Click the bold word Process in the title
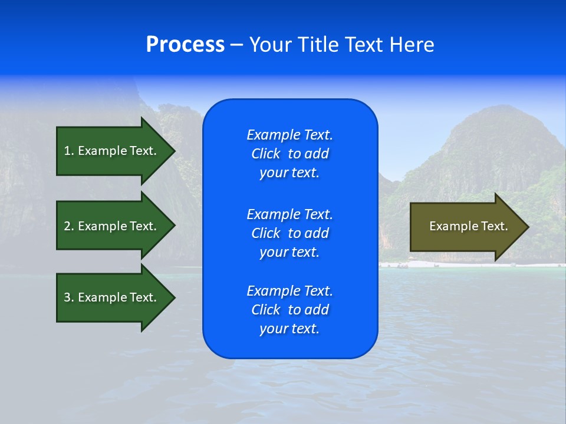coord(185,45)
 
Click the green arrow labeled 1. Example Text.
coord(112,151)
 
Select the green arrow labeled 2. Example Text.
coord(112,226)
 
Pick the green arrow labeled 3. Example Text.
coord(112,297)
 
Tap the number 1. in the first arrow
coord(69,151)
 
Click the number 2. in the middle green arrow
coord(69,226)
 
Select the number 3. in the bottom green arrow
coord(69,297)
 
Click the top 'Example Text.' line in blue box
coord(289,135)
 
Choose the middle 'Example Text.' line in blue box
coord(289,214)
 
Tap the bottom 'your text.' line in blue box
coord(289,329)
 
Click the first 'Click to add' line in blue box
coord(289,154)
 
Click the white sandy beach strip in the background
coord(448,265)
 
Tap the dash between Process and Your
coord(236,45)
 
